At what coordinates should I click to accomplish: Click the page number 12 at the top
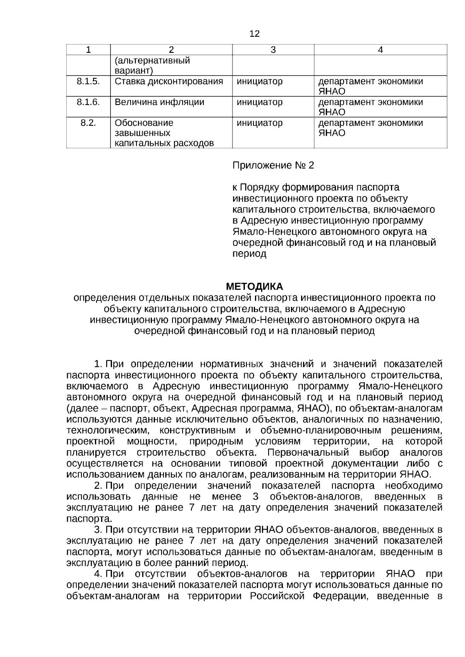coord(254,34)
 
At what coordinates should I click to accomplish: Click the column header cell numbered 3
coord(273,50)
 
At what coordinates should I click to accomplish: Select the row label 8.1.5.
coord(88,81)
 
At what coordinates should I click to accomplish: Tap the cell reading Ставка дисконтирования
coord(169,81)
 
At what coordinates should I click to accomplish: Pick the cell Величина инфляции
coord(160,102)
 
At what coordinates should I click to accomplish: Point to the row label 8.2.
coord(88,123)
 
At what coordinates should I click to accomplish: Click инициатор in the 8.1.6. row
coord(260,102)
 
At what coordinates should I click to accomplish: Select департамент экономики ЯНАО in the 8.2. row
coord(370,128)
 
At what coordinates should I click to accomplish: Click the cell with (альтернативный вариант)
coord(152,66)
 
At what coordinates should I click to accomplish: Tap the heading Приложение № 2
coord(273,166)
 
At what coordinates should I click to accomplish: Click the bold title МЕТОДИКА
coord(254,287)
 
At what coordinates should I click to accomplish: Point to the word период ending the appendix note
coord(249,254)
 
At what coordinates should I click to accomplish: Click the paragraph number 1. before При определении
coord(98,364)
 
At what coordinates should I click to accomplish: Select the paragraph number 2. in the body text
coord(98,486)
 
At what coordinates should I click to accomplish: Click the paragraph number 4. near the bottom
coord(98,574)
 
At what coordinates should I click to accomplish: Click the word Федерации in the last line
coord(340,596)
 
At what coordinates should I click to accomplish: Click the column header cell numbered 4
coord(380,50)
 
